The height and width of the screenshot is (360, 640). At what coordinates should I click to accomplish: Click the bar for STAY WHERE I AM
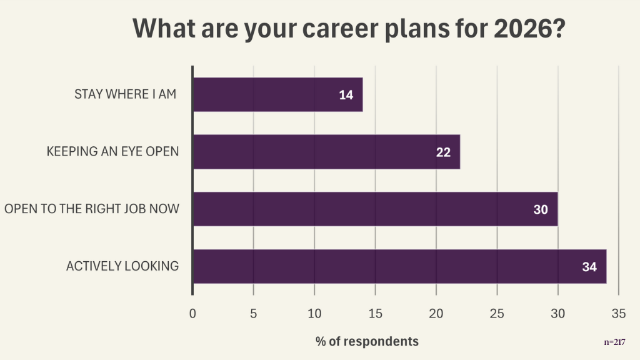click(x=277, y=94)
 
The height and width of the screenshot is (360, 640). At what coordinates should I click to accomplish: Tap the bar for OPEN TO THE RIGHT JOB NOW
click(x=375, y=209)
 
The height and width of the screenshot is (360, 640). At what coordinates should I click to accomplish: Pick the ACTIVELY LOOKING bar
click(x=399, y=266)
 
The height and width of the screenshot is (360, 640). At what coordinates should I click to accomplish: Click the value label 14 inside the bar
click(x=346, y=95)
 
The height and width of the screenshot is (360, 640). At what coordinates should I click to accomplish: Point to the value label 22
click(x=443, y=152)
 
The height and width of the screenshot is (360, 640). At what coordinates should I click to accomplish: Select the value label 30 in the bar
click(x=541, y=210)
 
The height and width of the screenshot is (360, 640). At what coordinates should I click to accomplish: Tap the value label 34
click(x=589, y=267)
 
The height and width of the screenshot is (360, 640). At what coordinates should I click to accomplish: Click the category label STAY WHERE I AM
click(x=125, y=94)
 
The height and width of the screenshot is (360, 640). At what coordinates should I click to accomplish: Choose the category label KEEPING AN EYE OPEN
click(x=112, y=152)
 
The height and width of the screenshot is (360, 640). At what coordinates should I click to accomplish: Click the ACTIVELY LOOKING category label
click(x=122, y=266)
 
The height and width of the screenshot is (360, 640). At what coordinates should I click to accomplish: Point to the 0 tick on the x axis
click(x=192, y=313)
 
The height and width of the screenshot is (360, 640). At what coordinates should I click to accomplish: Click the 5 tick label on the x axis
click(x=253, y=313)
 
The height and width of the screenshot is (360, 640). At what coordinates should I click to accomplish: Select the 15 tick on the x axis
click(x=375, y=313)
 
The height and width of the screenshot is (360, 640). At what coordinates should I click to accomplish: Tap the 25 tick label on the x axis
click(x=497, y=313)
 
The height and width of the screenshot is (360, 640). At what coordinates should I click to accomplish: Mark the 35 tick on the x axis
click(x=618, y=313)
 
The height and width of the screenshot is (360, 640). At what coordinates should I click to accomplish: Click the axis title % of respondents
click(x=367, y=341)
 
